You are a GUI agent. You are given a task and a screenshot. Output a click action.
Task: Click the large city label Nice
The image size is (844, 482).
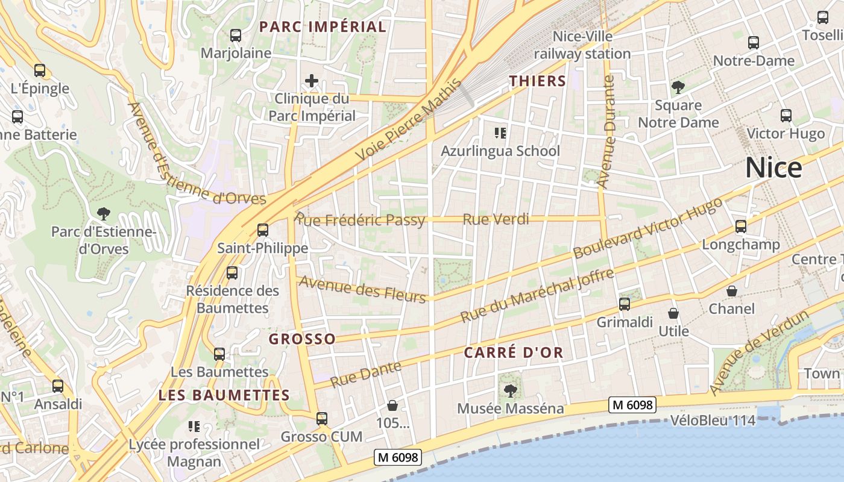(x=773, y=167)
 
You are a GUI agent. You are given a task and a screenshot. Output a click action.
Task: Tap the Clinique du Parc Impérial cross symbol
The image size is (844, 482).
(x=311, y=81)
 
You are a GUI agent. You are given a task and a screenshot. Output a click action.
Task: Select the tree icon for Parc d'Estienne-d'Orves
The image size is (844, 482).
(x=104, y=213)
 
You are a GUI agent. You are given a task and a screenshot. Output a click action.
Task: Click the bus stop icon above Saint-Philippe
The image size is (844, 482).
(x=262, y=230)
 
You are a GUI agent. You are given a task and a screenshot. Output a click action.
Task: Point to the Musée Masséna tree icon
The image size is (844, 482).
(x=510, y=390)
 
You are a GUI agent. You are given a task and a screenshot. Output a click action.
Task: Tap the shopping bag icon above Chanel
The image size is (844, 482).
(x=731, y=291)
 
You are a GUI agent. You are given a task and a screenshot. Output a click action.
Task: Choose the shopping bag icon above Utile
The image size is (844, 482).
(x=673, y=313)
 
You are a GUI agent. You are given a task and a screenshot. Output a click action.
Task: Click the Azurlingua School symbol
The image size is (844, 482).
(x=500, y=133)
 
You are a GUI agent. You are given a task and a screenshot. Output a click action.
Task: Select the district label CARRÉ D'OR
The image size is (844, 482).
(x=513, y=353)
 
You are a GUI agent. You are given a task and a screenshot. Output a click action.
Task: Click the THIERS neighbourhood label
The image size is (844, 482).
(x=537, y=81)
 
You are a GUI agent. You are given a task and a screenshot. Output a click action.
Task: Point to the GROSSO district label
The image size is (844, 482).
(x=302, y=339)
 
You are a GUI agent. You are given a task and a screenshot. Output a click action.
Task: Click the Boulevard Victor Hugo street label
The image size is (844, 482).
(x=647, y=228)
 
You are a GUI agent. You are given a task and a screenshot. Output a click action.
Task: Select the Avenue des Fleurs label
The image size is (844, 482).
(x=363, y=288)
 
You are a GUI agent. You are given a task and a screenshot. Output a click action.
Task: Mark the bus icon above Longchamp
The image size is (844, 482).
(x=740, y=227)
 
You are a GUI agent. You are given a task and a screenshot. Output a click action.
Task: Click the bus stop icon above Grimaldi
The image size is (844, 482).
(x=624, y=304)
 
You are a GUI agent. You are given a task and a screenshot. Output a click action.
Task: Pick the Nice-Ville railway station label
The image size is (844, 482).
(x=582, y=45)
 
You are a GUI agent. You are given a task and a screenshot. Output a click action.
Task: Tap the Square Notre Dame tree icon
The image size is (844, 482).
(x=678, y=87)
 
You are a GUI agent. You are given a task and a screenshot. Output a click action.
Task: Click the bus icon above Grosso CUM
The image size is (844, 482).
(x=321, y=418)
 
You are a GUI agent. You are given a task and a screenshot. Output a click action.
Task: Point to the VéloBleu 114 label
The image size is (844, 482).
(x=713, y=421)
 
